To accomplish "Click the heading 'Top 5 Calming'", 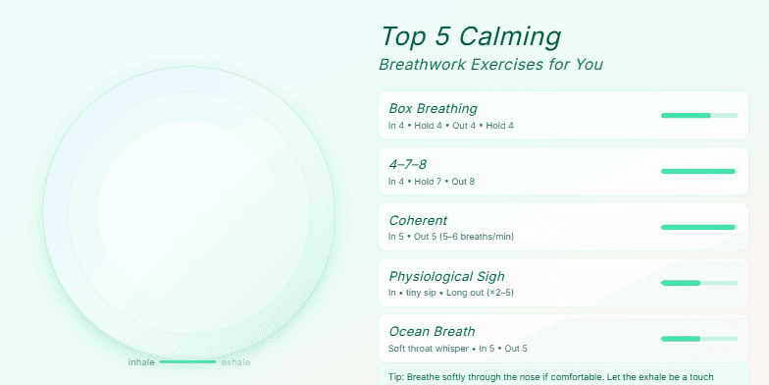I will click(x=470, y=37).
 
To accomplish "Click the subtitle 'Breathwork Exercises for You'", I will click(x=490, y=65).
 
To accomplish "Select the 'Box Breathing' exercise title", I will click(x=433, y=108).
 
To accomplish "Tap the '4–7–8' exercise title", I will click(x=408, y=164).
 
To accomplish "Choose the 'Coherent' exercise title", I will click(x=418, y=220).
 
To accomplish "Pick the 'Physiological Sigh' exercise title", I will click(x=446, y=276).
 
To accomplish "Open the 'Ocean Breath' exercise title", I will click(x=432, y=332).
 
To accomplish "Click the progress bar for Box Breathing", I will click(x=698, y=116).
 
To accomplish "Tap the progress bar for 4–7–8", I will click(x=698, y=172).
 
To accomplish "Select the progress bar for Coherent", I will click(x=698, y=228).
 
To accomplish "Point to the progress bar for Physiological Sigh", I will click(x=698, y=284).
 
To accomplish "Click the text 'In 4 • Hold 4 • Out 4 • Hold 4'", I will click(x=450, y=126).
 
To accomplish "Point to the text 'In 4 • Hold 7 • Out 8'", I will click(x=432, y=182).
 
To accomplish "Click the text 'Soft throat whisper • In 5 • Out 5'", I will click(x=458, y=349).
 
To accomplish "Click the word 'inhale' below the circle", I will click(x=141, y=362).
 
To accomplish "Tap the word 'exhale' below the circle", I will click(x=235, y=362).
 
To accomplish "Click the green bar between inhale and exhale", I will click(x=187, y=362).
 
